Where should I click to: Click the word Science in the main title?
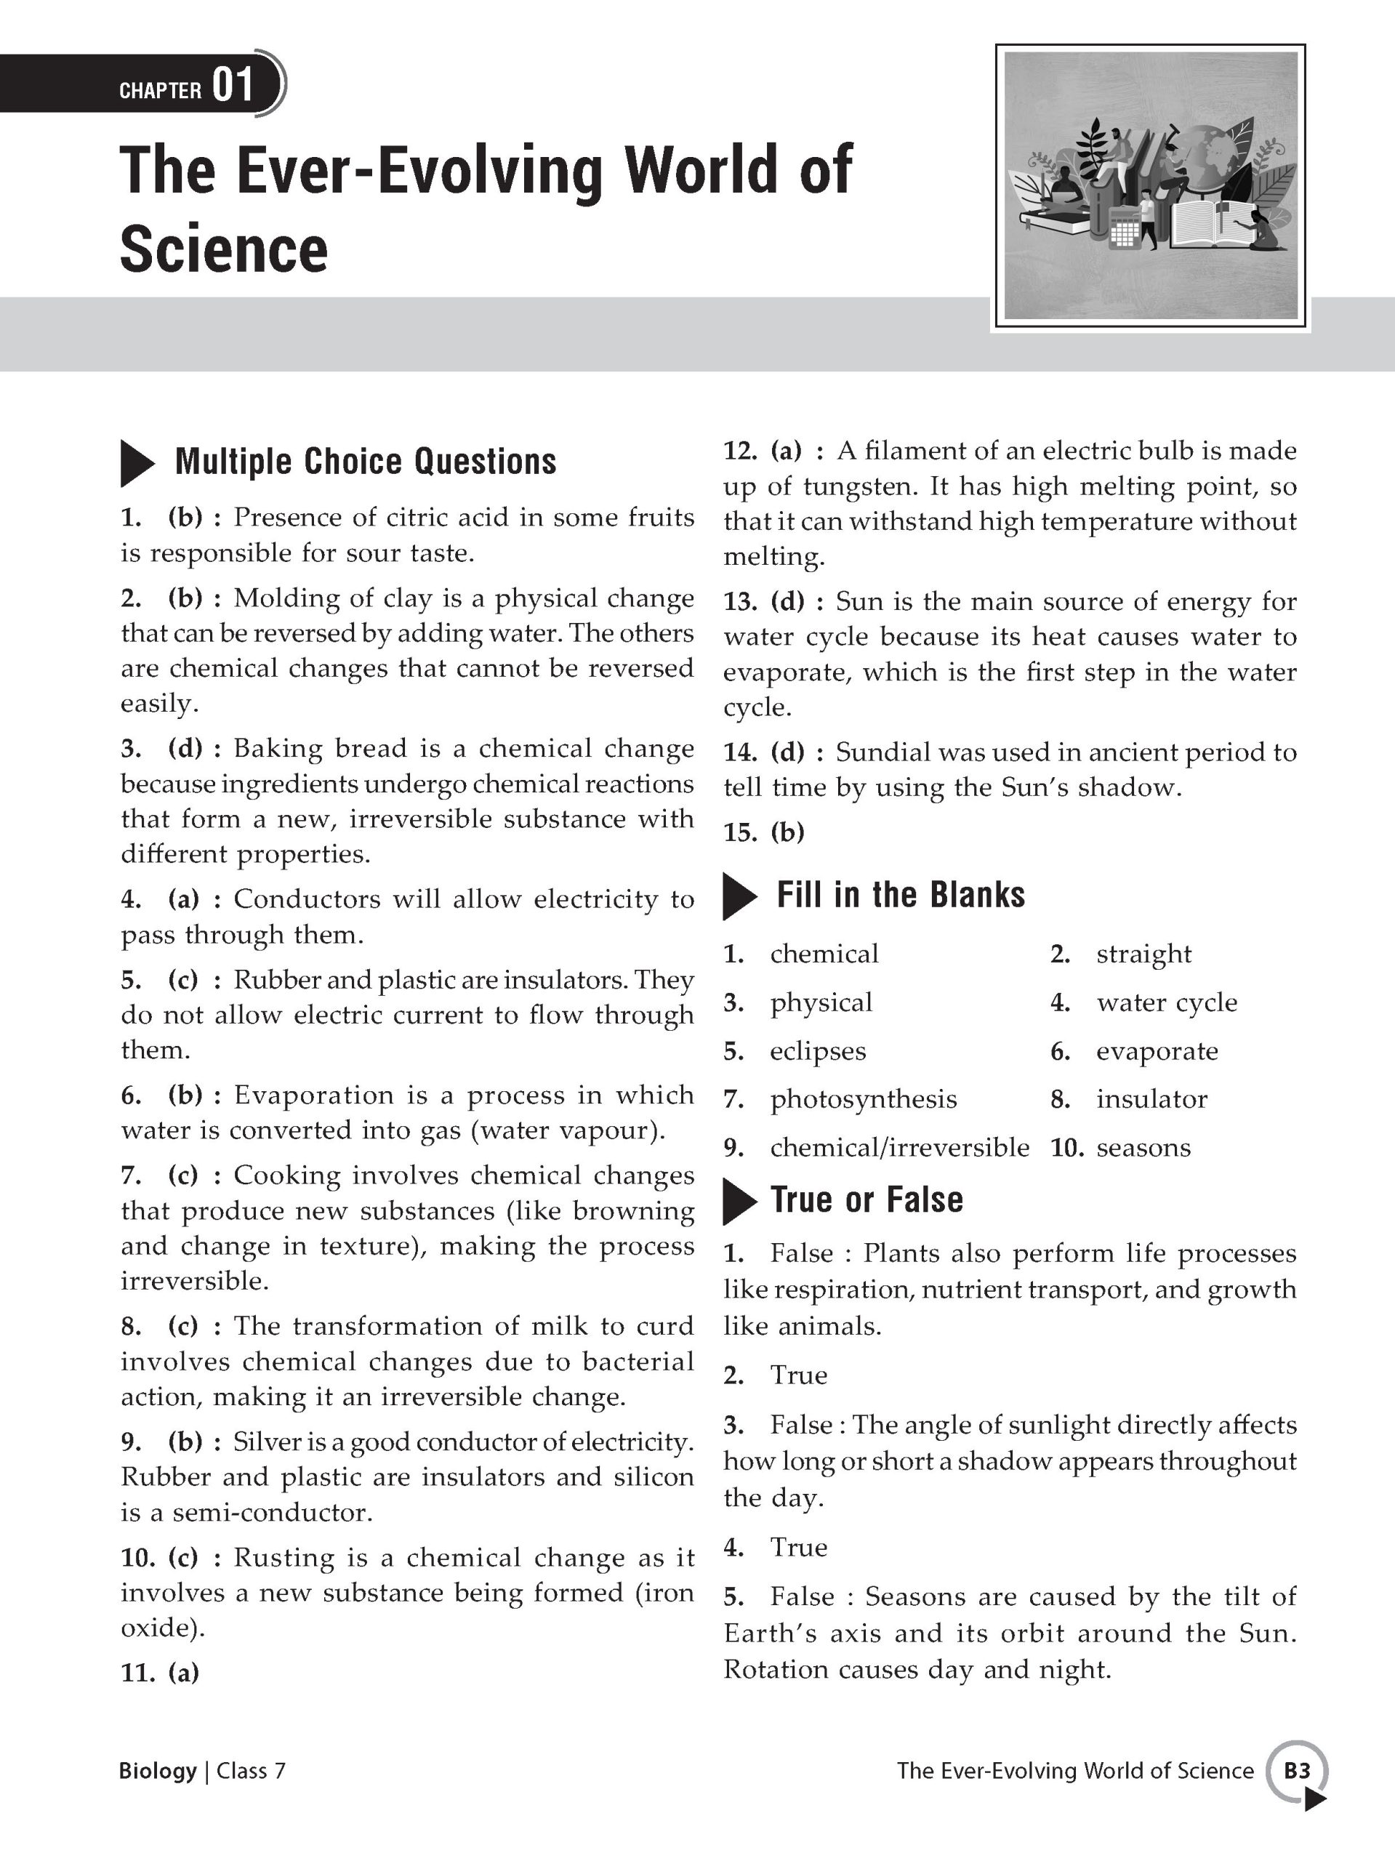coord(224,249)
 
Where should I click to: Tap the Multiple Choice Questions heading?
coord(365,462)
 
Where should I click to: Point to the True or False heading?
coord(867,1199)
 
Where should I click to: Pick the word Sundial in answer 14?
coord(882,752)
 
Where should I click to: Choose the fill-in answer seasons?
coord(1143,1148)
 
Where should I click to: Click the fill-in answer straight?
coord(1143,954)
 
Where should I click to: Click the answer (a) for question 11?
coord(183,1673)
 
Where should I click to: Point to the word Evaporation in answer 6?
coord(314,1096)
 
